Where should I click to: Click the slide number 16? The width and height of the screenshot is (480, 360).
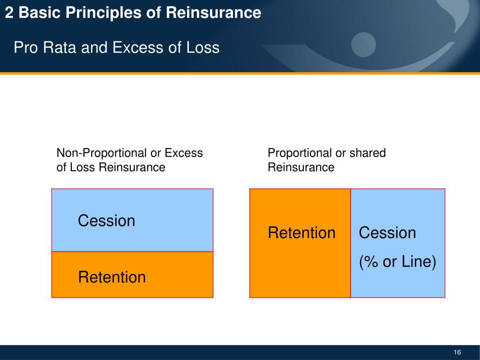pos(457,352)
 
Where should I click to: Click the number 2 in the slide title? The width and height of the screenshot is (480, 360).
pos(9,13)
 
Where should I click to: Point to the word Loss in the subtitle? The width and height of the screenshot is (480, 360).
pos(202,47)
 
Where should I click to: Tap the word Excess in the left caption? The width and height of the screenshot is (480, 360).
pos(184,153)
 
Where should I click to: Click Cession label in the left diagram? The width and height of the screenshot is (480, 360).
pos(106,221)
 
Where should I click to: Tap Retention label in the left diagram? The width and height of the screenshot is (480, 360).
pos(112,277)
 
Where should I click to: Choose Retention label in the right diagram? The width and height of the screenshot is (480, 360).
pos(301,233)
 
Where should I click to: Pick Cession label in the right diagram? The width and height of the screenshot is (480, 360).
pos(387,233)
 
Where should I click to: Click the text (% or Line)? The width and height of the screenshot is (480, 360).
pos(397,262)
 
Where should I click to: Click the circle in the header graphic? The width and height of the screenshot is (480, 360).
pos(364,45)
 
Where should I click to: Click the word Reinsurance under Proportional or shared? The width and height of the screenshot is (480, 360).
pos(301,167)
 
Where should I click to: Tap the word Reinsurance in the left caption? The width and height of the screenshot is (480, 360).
pos(132,167)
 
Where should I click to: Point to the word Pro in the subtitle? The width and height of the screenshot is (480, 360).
pos(25,47)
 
